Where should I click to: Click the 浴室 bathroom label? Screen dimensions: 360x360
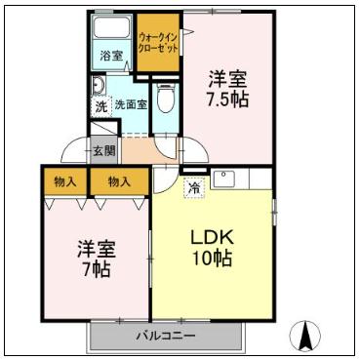(x=111, y=56)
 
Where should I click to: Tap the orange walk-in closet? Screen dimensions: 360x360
(x=159, y=43)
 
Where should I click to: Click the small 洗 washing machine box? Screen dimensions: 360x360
(x=100, y=105)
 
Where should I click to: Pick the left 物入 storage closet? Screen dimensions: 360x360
(x=65, y=181)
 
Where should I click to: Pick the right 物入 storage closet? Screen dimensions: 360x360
(x=119, y=181)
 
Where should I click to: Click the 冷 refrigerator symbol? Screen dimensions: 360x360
(x=194, y=186)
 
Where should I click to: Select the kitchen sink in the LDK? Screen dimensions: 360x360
(x=224, y=180)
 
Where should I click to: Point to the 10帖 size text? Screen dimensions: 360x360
(x=212, y=260)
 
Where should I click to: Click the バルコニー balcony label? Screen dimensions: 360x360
(x=165, y=336)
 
